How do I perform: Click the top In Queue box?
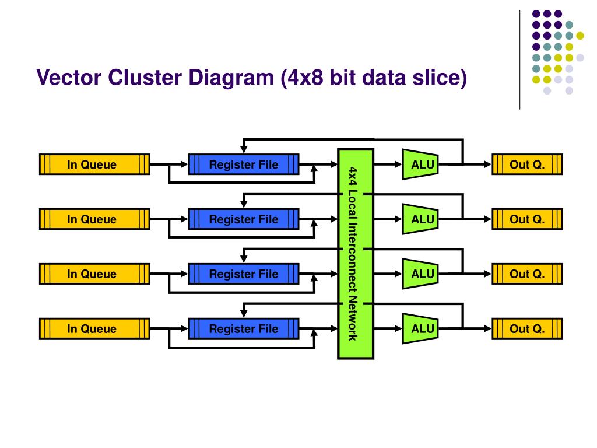point(94,164)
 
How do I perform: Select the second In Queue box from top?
point(94,219)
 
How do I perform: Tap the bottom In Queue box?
point(94,328)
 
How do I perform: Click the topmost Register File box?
point(244,164)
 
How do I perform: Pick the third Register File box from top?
point(244,274)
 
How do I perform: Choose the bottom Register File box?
point(244,328)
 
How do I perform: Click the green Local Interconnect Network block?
point(356,254)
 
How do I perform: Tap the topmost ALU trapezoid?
point(420,164)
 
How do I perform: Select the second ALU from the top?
point(420,219)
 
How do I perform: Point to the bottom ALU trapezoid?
point(420,328)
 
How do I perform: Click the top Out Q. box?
point(527,164)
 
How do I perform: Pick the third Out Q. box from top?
point(527,274)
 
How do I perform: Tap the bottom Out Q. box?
point(527,328)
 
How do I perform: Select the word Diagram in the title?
point(231,78)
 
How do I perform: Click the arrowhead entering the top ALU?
point(399,164)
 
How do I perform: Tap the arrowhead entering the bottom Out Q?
point(488,328)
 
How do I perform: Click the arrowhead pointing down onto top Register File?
point(244,150)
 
